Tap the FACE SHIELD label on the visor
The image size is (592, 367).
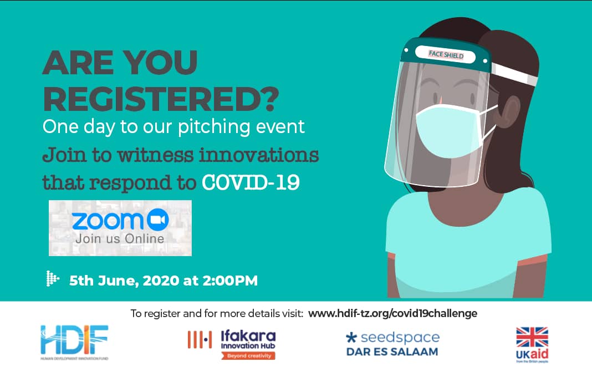tap(446, 54)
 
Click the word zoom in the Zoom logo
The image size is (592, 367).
tap(108, 221)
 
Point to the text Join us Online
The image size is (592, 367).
tap(120, 239)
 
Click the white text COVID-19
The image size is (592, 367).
tap(251, 182)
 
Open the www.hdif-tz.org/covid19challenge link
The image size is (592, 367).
tap(392, 313)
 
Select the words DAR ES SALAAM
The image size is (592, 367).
tap(392, 351)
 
